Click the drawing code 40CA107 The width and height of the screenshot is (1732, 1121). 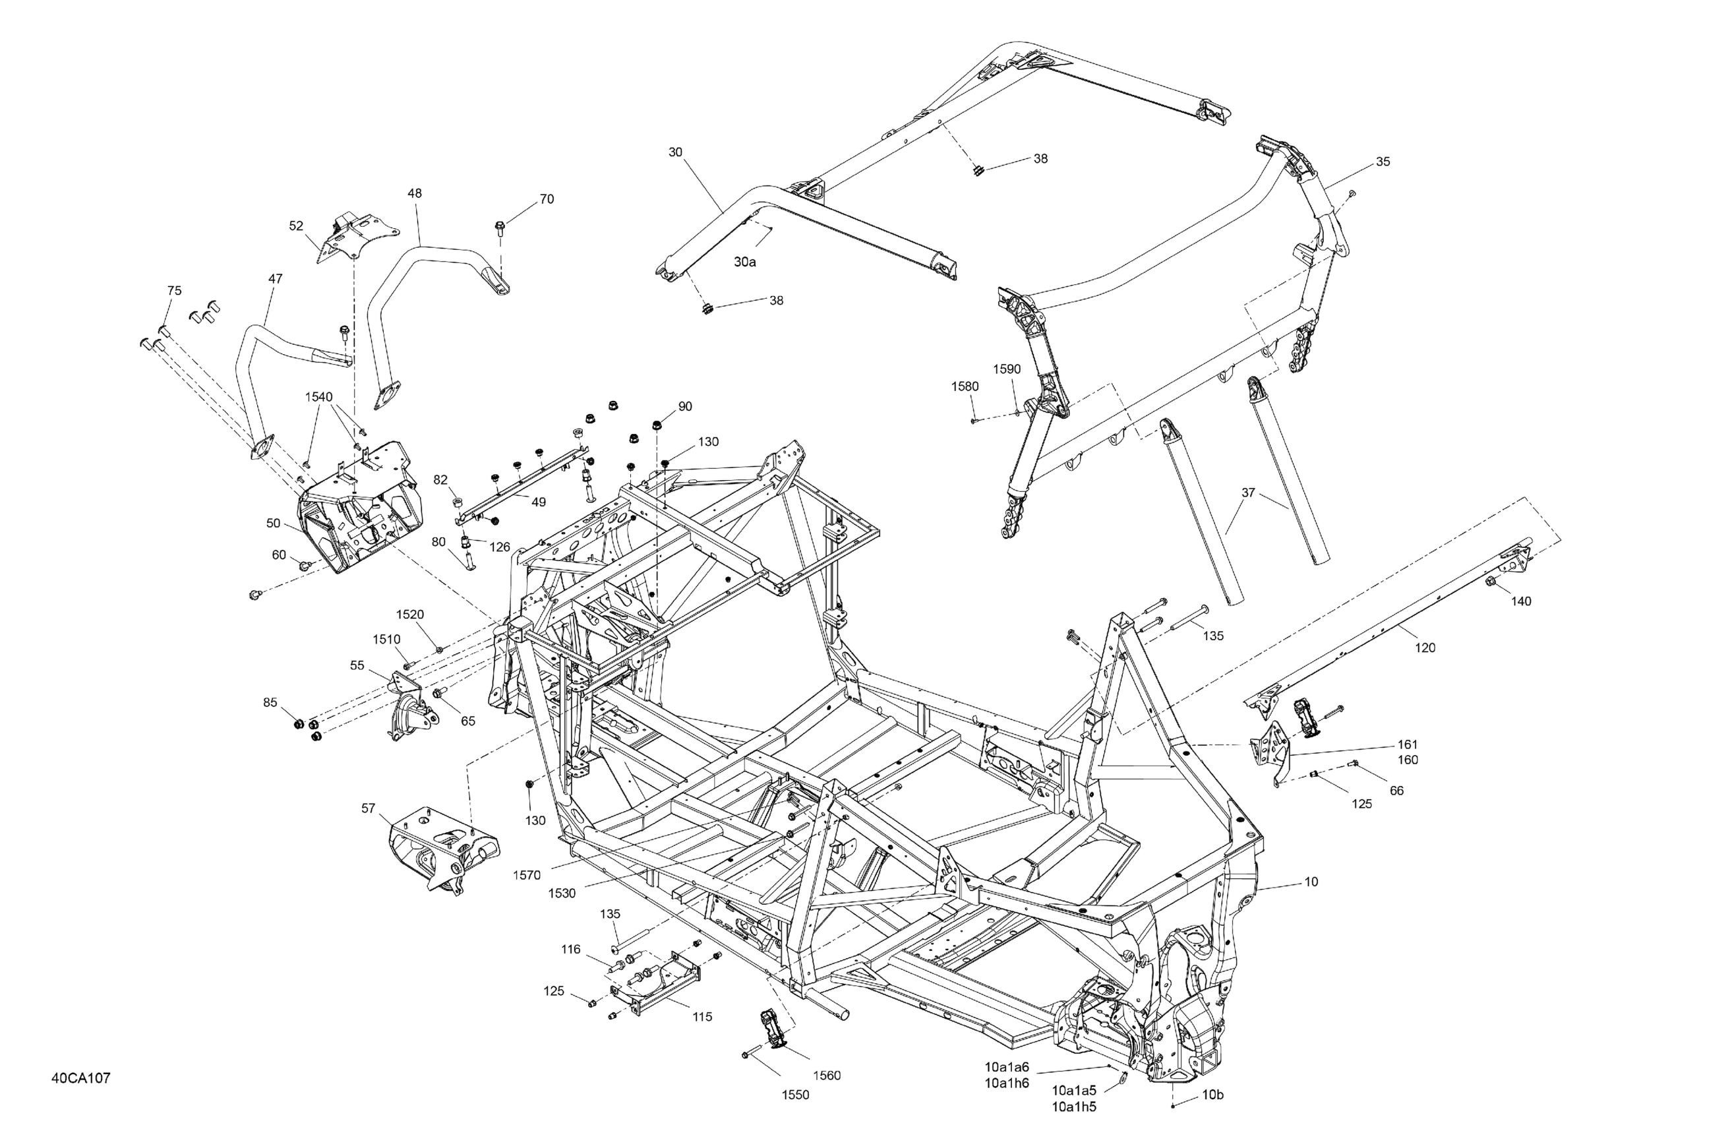[x=81, y=1078]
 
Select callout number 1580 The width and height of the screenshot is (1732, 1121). [x=965, y=386]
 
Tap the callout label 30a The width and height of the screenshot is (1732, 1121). [x=744, y=262]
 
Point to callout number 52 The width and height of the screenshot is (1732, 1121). [x=296, y=226]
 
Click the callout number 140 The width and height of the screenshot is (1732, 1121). [x=1521, y=601]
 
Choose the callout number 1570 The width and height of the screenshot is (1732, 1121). [x=527, y=876]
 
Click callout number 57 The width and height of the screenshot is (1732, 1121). [x=369, y=808]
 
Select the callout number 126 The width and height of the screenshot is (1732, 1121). [x=499, y=547]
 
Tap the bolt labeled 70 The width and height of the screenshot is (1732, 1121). [x=499, y=228]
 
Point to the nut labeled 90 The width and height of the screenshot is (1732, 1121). [x=657, y=425]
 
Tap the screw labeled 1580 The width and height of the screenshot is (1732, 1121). [x=975, y=420]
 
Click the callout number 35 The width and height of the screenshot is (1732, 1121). [x=1383, y=162]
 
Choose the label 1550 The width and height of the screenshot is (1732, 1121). [x=794, y=1095]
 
